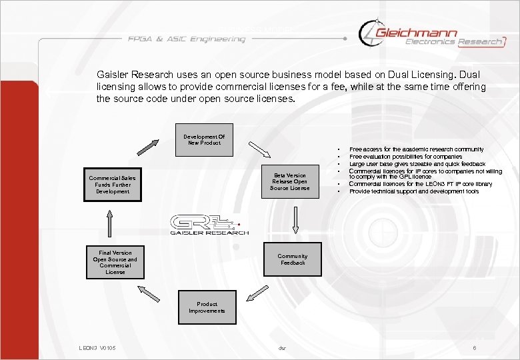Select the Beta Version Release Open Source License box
pyautogui.click(x=290, y=181)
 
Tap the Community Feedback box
pyautogui.click(x=292, y=259)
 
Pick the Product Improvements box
pyautogui.click(x=207, y=307)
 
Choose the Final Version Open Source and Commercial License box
pyautogui.click(x=115, y=263)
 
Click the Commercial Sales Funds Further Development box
pyautogui.click(x=112, y=185)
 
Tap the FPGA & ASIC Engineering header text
pyautogui.click(x=187, y=39)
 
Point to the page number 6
pyautogui.click(x=474, y=348)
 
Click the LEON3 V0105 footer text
pyautogui.click(x=97, y=348)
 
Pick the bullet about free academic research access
pyautogui.click(x=416, y=149)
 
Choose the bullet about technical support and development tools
pyautogui.click(x=413, y=191)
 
